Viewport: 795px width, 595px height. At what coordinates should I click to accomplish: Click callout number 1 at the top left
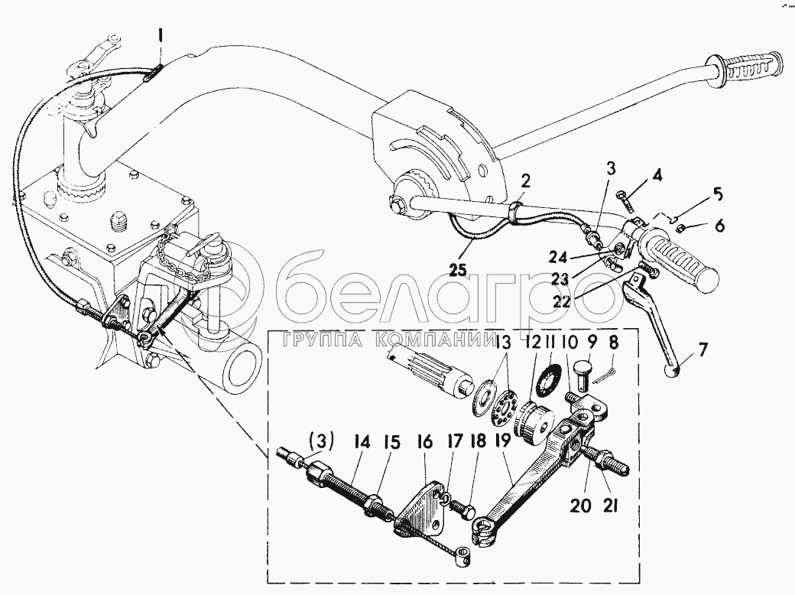click(x=161, y=35)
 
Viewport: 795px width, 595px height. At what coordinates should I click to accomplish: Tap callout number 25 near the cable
click(x=458, y=271)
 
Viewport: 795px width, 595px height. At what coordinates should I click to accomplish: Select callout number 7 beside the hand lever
click(x=703, y=350)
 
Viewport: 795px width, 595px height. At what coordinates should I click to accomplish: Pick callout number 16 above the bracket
click(x=425, y=442)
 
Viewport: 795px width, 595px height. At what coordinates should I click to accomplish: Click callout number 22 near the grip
click(x=562, y=302)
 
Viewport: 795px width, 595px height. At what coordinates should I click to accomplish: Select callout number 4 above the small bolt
click(x=657, y=175)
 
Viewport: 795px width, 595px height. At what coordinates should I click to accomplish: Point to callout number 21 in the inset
click(x=610, y=506)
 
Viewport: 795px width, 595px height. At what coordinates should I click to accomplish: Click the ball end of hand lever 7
click(x=673, y=372)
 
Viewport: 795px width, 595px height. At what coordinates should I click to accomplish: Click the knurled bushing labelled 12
click(x=533, y=419)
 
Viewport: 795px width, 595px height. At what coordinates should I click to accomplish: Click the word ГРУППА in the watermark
click(x=323, y=340)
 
